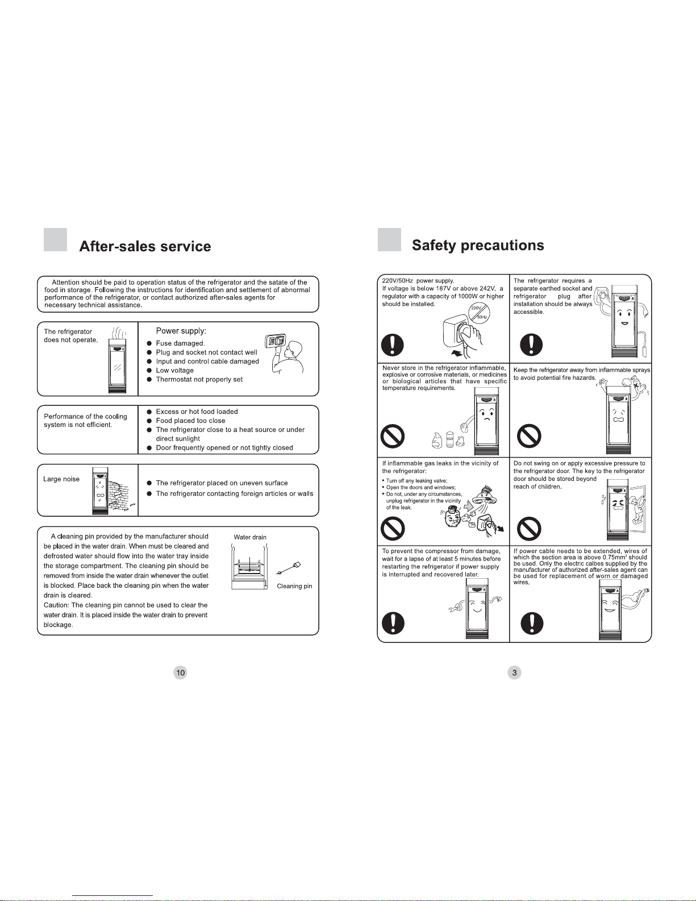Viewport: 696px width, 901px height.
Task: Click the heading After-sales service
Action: (x=145, y=246)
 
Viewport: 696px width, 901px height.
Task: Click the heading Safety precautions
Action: (x=478, y=245)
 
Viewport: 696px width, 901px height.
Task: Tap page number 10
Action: (x=180, y=672)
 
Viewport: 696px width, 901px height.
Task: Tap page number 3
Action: (x=514, y=672)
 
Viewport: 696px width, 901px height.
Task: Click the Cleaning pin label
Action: (x=294, y=586)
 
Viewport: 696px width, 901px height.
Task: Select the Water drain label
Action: (x=250, y=537)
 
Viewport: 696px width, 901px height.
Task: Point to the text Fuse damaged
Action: (x=180, y=343)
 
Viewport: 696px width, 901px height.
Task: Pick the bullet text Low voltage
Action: (x=174, y=370)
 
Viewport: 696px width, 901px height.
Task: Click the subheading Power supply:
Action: (x=181, y=331)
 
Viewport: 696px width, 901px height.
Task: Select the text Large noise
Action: (x=61, y=479)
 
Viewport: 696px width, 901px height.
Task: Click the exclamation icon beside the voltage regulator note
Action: (x=392, y=345)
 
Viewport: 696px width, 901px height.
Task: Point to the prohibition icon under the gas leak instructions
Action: (x=393, y=529)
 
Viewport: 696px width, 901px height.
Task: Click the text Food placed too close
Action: (x=190, y=421)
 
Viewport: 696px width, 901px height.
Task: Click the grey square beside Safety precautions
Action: (x=389, y=240)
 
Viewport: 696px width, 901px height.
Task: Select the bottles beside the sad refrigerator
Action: (x=448, y=439)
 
